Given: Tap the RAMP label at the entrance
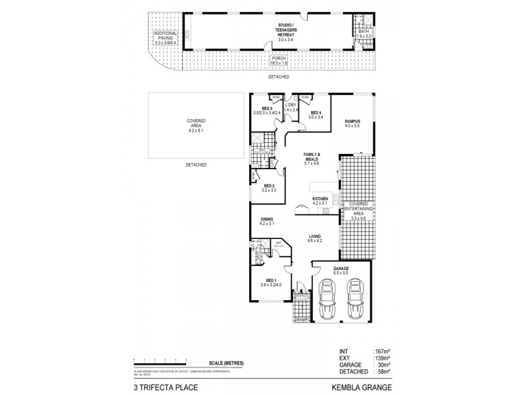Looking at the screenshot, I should point(302,319).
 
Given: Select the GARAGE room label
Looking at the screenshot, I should point(340,268).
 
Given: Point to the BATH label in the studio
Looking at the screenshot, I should point(364,32).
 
